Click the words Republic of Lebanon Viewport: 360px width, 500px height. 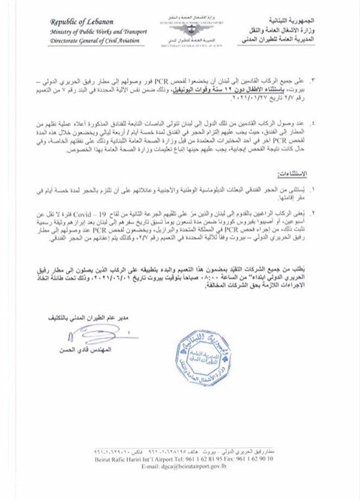pos(81,22)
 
